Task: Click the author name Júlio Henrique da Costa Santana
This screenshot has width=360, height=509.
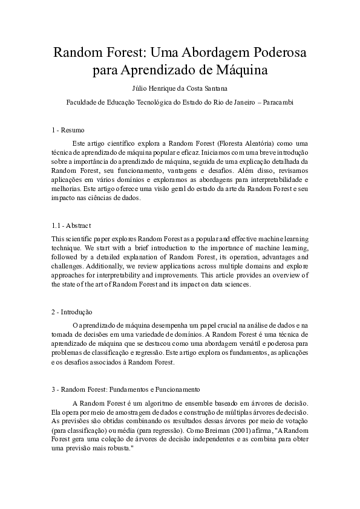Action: [180, 89]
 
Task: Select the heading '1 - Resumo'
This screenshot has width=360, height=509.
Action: [68, 129]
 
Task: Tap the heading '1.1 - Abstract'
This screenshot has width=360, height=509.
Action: [71, 225]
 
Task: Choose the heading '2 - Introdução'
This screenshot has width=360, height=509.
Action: [72, 312]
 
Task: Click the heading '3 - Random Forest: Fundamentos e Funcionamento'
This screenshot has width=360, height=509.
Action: [126, 389]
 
